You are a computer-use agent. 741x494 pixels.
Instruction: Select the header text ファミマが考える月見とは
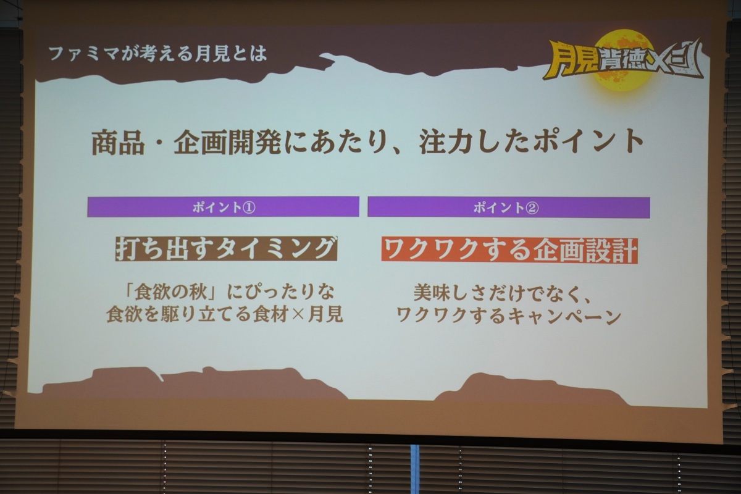158,54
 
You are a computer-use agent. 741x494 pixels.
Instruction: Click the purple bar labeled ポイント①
223,207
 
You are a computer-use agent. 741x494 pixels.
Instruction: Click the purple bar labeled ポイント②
508,207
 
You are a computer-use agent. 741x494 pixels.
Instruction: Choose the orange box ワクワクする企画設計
509,249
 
